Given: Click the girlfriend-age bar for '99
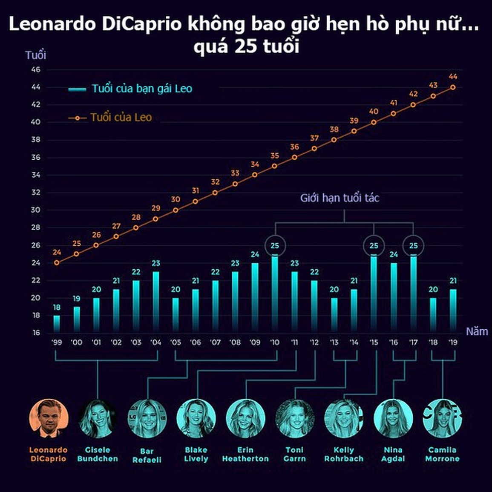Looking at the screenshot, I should click(57, 324).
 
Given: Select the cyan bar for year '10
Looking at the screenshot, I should click(275, 294).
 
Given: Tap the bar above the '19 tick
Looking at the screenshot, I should click(453, 311).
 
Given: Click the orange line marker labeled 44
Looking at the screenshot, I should click(453, 87).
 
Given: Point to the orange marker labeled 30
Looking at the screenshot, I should click(176, 210).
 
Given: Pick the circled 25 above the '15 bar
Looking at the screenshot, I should click(374, 246).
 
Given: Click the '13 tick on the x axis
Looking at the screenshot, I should click(334, 342).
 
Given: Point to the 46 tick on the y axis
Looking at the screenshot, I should click(36, 69).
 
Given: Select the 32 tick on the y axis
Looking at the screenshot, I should click(36, 192).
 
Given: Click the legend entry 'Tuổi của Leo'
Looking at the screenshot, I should click(121, 118).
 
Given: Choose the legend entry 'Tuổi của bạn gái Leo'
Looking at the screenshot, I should click(142, 89).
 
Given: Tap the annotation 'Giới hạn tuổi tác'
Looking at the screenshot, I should click(340, 198).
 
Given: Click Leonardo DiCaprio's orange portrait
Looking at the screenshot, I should click(48, 418).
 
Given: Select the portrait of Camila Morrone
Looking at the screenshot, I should click(442, 418).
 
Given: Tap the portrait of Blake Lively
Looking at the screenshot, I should click(196, 418).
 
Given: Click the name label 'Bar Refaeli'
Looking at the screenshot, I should click(147, 455).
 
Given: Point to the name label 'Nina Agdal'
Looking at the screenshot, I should click(393, 454).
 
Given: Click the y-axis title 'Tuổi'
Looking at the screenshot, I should click(35, 55).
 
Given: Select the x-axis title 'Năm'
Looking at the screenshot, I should click(477, 331).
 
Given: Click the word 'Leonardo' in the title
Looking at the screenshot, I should click(52, 24).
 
